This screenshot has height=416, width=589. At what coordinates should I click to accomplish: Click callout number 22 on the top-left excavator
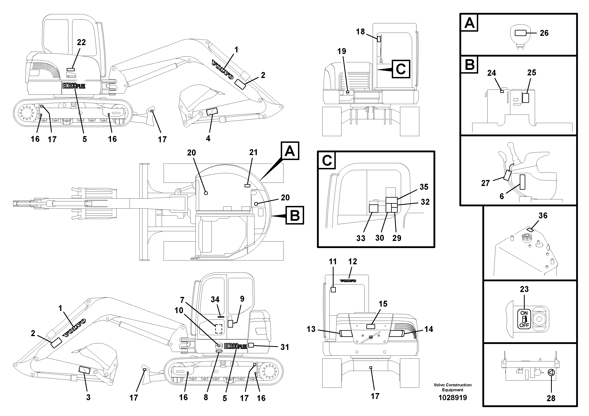(81, 42)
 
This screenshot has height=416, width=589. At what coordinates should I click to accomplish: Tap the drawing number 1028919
(452, 398)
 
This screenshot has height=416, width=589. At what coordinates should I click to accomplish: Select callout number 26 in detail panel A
(544, 33)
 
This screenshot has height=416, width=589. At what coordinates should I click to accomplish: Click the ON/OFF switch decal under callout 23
(524, 319)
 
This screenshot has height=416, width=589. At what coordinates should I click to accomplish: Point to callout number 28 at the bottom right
(551, 398)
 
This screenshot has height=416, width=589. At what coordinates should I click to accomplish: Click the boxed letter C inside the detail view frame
(327, 161)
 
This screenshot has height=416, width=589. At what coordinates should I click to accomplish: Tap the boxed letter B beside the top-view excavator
(294, 215)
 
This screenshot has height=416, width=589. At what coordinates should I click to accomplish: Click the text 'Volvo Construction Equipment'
(452, 387)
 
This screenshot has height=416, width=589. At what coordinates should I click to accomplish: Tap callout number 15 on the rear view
(383, 304)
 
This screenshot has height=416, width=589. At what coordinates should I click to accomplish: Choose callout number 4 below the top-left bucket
(208, 138)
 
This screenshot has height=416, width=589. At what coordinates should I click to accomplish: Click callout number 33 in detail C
(361, 238)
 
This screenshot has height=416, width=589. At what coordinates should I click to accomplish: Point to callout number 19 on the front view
(342, 51)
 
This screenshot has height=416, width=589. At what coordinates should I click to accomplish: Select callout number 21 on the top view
(253, 152)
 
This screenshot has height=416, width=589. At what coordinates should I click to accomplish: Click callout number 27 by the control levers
(485, 183)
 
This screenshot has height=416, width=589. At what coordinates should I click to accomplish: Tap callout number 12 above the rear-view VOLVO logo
(353, 262)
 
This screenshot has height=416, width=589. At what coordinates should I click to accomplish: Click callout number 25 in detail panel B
(532, 73)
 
